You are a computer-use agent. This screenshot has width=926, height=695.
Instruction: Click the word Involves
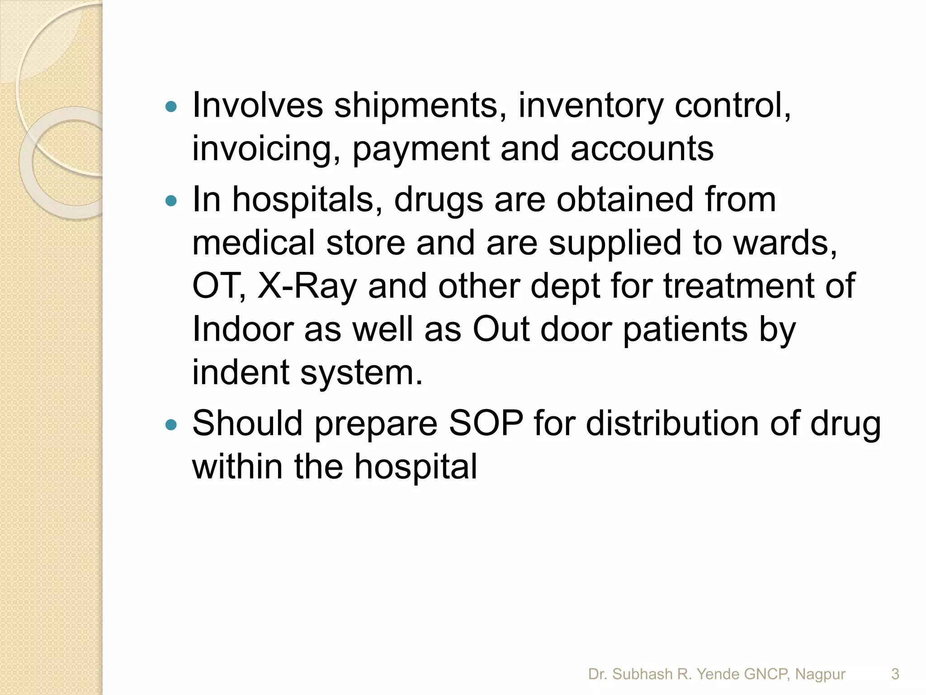257,105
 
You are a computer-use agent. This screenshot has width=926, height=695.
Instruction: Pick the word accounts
642,149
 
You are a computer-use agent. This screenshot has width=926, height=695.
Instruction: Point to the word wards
785,243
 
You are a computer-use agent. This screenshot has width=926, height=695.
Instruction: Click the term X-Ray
307,287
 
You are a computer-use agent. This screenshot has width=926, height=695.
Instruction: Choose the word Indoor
243,329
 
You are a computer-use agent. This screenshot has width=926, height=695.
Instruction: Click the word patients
685,330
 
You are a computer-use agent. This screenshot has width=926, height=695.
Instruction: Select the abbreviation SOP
486,424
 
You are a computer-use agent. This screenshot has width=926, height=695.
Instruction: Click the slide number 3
895,674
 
